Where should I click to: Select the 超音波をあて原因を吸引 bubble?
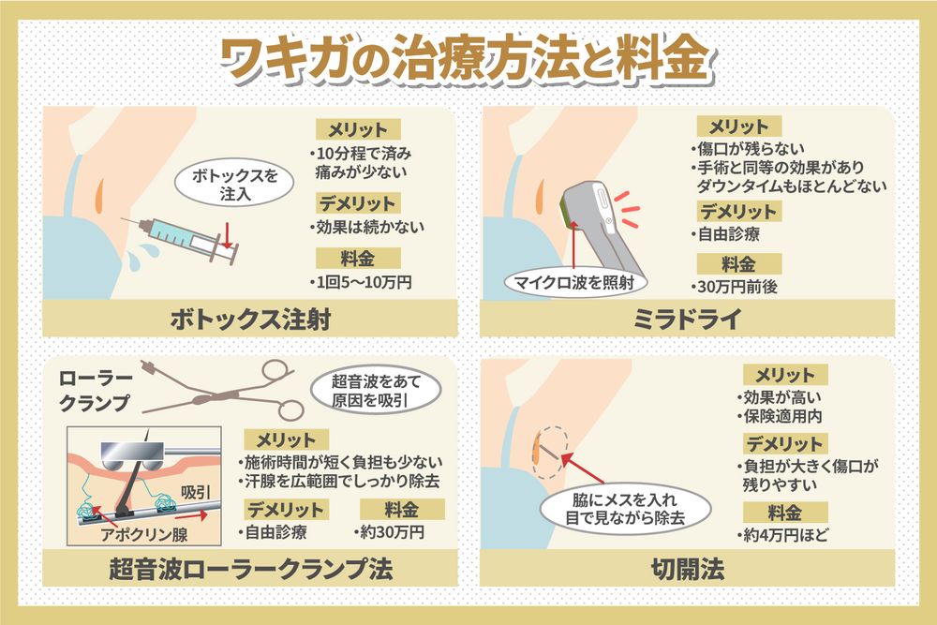click(x=373, y=391)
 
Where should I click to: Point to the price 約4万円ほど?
click(x=788, y=536)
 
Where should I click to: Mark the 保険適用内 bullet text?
click(x=785, y=413)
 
